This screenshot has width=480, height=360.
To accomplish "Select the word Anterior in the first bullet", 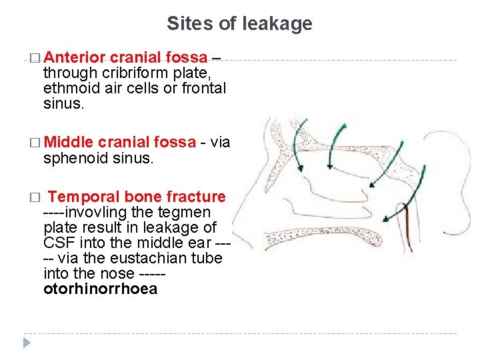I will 79,57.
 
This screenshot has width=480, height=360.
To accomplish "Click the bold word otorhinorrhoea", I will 100,289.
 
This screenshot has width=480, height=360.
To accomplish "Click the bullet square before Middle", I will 35,143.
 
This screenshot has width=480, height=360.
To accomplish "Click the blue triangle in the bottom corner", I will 26,343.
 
